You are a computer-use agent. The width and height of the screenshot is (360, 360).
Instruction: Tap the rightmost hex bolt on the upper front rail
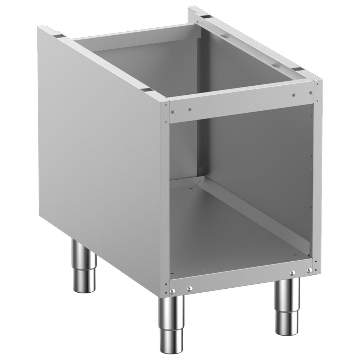tap(294, 95)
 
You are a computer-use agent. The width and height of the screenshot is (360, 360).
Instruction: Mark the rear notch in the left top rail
tap(59, 36)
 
